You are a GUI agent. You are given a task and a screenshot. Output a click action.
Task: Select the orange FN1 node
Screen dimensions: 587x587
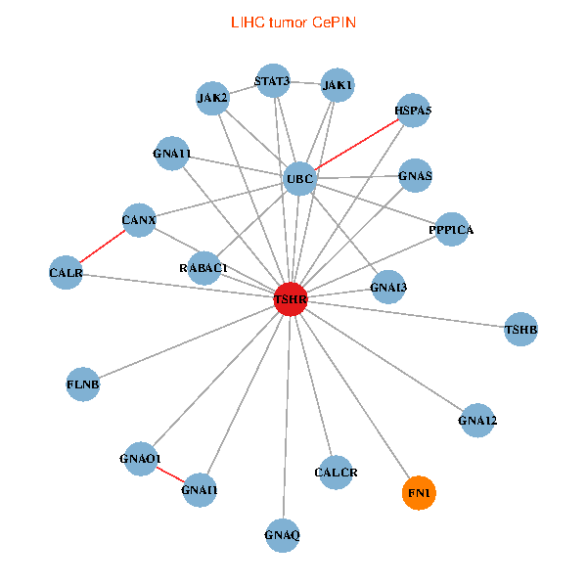click(419, 492)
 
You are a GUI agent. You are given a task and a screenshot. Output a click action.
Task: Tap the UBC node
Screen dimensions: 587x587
click(299, 179)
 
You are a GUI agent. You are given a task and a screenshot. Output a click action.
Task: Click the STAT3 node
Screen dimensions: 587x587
click(272, 81)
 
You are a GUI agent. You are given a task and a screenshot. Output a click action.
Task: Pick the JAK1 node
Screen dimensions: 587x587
click(338, 85)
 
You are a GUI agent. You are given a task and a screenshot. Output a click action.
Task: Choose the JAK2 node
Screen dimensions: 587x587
click(212, 98)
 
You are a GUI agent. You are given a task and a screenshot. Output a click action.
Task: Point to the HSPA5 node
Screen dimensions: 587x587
click(413, 111)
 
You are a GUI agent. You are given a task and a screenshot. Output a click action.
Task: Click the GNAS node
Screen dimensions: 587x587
click(415, 176)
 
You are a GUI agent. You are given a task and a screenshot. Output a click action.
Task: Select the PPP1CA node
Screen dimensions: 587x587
click(451, 230)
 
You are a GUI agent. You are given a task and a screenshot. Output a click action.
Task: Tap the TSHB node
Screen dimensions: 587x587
click(520, 329)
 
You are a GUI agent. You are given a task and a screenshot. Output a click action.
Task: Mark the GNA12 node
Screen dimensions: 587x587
click(477, 421)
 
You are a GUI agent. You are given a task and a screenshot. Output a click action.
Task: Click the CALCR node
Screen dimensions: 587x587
click(336, 474)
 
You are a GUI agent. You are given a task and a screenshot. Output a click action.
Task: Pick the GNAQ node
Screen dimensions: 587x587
click(282, 535)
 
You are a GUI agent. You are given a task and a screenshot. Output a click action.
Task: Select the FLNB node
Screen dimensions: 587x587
click(83, 384)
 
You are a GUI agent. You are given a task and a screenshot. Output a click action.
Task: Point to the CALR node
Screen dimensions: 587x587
click(66, 272)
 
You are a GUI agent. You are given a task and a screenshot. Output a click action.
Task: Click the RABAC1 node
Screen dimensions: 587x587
click(203, 267)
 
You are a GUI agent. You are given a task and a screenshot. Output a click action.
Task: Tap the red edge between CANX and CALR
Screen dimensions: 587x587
click(101, 245)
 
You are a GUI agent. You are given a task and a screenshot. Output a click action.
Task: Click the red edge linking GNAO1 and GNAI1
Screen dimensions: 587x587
click(170, 474)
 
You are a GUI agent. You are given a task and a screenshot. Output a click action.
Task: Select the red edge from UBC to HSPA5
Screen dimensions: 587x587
click(356, 145)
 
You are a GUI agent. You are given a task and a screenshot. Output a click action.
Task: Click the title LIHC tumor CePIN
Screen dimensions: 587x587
click(293, 22)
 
